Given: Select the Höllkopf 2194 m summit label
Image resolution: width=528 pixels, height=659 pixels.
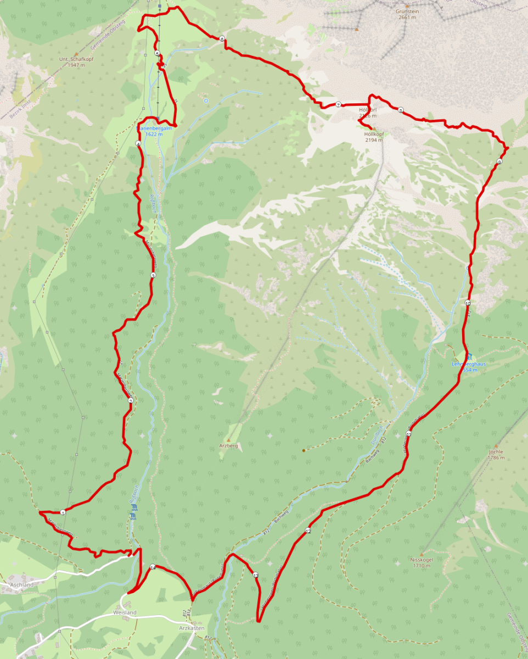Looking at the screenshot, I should [x=373, y=137].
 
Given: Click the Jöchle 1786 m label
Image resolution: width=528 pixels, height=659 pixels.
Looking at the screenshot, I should [x=495, y=454].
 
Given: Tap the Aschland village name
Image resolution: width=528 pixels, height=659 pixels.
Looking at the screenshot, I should [x=21, y=585].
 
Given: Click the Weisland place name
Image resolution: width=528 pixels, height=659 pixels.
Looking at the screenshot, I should [x=125, y=612].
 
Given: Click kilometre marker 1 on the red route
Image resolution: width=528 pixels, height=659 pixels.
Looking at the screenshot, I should [x=63, y=512].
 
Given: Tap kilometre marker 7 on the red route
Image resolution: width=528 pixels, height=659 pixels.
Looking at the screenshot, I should [x=339, y=104].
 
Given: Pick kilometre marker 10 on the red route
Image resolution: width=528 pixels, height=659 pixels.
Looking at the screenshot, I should [x=468, y=303].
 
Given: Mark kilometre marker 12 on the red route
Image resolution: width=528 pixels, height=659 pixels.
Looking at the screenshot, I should [x=308, y=531].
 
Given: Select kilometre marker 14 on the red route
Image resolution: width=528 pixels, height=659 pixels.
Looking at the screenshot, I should [x=153, y=567].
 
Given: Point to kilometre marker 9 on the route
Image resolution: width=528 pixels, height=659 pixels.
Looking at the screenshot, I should [x=499, y=161].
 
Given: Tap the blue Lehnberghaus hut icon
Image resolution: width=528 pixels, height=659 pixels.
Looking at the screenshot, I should [x=469, y=357].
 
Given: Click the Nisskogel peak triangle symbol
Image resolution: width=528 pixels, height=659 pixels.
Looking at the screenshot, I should [x=422, y=554].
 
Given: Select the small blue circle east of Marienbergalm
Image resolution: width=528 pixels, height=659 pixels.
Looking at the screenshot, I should [x=206, y=100].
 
